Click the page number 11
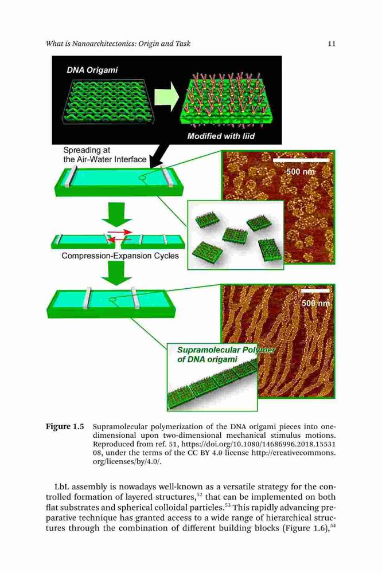pos(332,44)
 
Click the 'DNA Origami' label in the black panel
pos(92,70)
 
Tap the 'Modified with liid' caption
pos(221,136)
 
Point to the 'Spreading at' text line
pos(87,150)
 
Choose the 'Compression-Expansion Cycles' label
pos(120,256)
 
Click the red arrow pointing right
pos(120,232)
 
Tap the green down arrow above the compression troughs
pos(117,214)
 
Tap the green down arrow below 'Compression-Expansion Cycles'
pos(117,273)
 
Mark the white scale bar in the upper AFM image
pos(301,160)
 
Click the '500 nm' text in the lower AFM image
pos(316,304)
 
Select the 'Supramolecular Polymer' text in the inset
pos(226,350)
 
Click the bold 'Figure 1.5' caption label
pos(65,426)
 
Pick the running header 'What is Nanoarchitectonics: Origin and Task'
pos(118,44)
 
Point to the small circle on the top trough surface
pos(142,178)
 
